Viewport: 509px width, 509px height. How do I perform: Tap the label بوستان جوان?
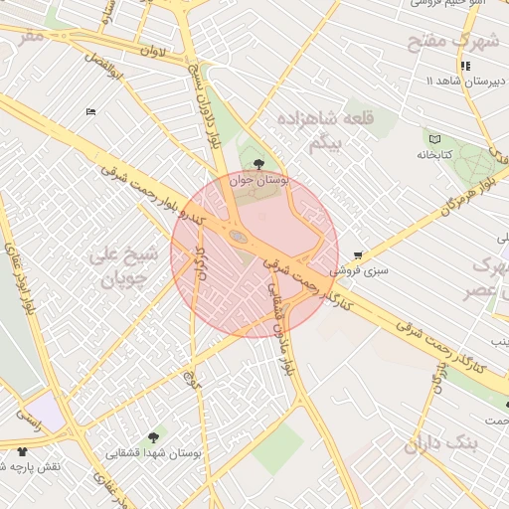[x=257, y=180]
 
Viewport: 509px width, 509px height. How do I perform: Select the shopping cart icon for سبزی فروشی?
[x=358, y=254]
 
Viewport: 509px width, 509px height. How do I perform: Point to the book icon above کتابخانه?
[x=433, y=138]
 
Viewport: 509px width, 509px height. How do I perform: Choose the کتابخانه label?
[x=434, y=155]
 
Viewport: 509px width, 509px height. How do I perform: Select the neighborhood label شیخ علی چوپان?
[x=124, y=266]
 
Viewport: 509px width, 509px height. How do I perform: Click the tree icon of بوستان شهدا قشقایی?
[x=154, y=436]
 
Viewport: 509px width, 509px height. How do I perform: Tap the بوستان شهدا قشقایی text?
[x=154, y=452]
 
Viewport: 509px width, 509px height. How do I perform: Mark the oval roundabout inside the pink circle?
[x=239, y=236]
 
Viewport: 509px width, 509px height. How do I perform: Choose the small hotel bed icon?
[x=91, y=111]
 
